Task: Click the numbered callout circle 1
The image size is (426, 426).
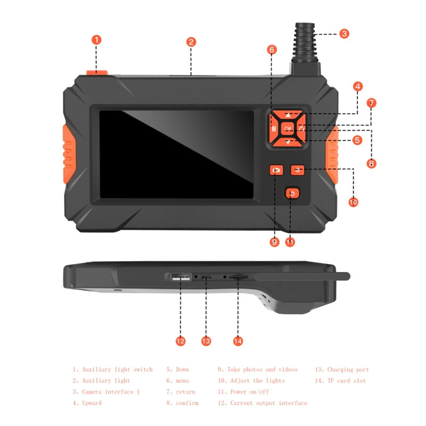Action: [96, 39]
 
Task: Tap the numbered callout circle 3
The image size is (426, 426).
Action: [344, 33]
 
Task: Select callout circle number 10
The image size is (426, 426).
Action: [353, 202]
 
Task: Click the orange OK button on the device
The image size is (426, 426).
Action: [288, 128]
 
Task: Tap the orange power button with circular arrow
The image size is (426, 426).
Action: [291, 194]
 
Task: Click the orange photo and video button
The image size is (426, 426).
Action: [276, 170]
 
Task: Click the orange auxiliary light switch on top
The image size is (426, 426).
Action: [96, 73]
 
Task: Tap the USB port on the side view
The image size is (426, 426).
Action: [181, 277]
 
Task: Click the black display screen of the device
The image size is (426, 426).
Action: [176, 154]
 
